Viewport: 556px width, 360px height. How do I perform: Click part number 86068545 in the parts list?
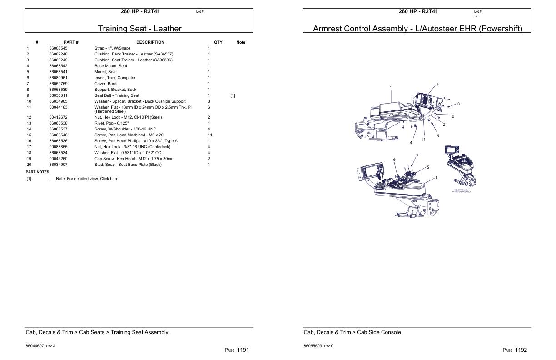pos(58,48)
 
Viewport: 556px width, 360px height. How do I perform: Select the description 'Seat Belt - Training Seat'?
pos(117,95)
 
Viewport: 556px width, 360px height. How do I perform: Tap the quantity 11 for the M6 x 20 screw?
pos(210,135)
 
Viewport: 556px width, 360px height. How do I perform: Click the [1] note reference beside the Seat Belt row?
pos(233,95)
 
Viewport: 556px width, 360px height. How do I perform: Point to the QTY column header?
pos(218,42)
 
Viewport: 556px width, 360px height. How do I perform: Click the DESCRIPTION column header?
pos(150,42)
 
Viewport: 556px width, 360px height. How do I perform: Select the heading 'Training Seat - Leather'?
pos(139,29)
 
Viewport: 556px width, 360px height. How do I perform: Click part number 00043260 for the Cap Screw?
pos(58,159)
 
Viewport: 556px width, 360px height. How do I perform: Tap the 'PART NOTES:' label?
pos(38,172)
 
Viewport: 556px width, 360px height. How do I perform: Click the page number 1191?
pos(243,350)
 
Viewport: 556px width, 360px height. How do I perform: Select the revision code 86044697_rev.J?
pos(40,346)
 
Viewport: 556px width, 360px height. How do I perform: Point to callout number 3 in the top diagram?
pos(437,85)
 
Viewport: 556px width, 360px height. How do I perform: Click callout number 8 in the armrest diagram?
pos(458,104)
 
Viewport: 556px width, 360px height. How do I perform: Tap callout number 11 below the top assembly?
pos(423,140)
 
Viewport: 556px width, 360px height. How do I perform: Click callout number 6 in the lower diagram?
pos(394,160)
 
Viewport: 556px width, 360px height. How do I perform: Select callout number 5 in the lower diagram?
pos(428,167)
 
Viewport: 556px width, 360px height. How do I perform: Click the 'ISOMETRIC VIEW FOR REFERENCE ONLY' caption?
pos(461,191)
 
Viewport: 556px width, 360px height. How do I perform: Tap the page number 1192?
pos(521,350)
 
